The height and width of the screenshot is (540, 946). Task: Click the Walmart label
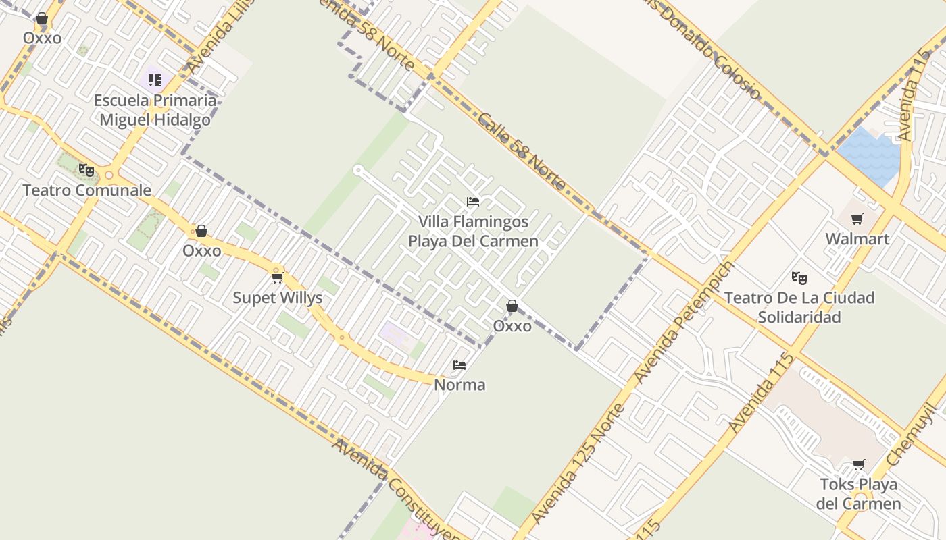[857, 239]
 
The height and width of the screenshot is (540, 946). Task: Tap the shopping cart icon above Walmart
[857, 219]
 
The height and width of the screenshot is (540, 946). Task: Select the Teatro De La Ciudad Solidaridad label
[799, 307]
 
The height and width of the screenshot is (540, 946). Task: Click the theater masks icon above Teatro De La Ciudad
[799, 277]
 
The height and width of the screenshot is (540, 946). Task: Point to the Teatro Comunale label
[87, 190]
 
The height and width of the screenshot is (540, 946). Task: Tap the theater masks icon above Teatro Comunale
[86, 170]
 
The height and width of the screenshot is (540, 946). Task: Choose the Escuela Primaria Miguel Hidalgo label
[155, 110]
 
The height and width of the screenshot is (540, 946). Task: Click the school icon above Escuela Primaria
[155, 80]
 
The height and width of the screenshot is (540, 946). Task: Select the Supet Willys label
[278, 298]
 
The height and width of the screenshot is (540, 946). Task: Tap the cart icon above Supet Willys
[277, 277]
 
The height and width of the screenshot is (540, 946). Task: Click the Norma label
[459, 385]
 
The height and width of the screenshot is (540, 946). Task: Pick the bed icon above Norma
[459, 365]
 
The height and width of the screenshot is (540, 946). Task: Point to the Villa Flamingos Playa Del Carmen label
[473, 232]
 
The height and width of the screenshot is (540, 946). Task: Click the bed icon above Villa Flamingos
[473, 202]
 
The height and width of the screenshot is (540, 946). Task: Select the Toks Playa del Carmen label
[858, 494]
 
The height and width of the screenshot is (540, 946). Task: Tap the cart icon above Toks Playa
[858, 464]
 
